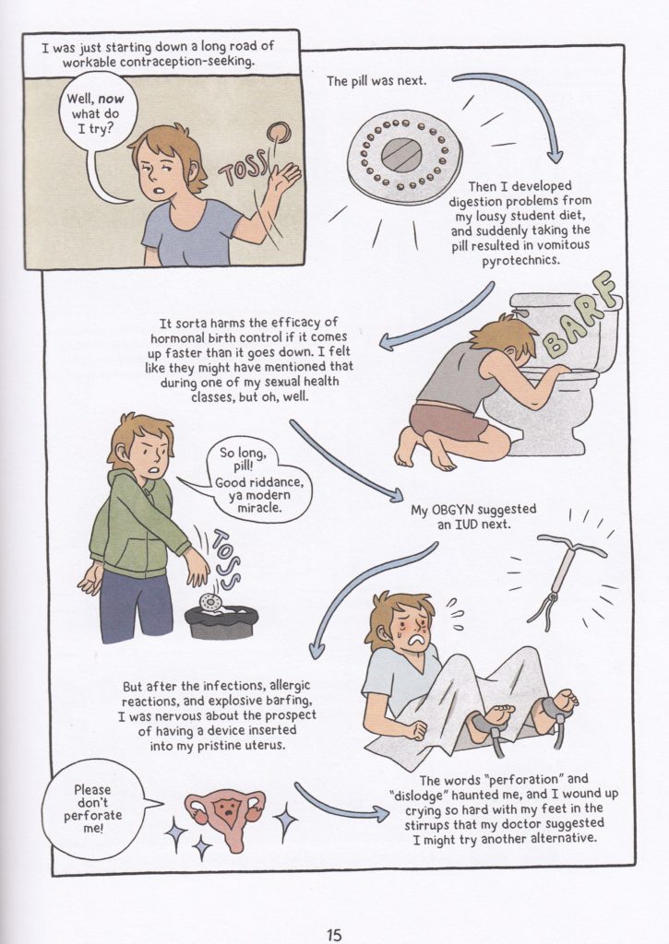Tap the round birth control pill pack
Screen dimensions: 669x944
405,155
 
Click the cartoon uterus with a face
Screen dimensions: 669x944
224,816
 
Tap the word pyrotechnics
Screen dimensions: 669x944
520,261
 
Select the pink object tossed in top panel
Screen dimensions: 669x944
279,131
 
